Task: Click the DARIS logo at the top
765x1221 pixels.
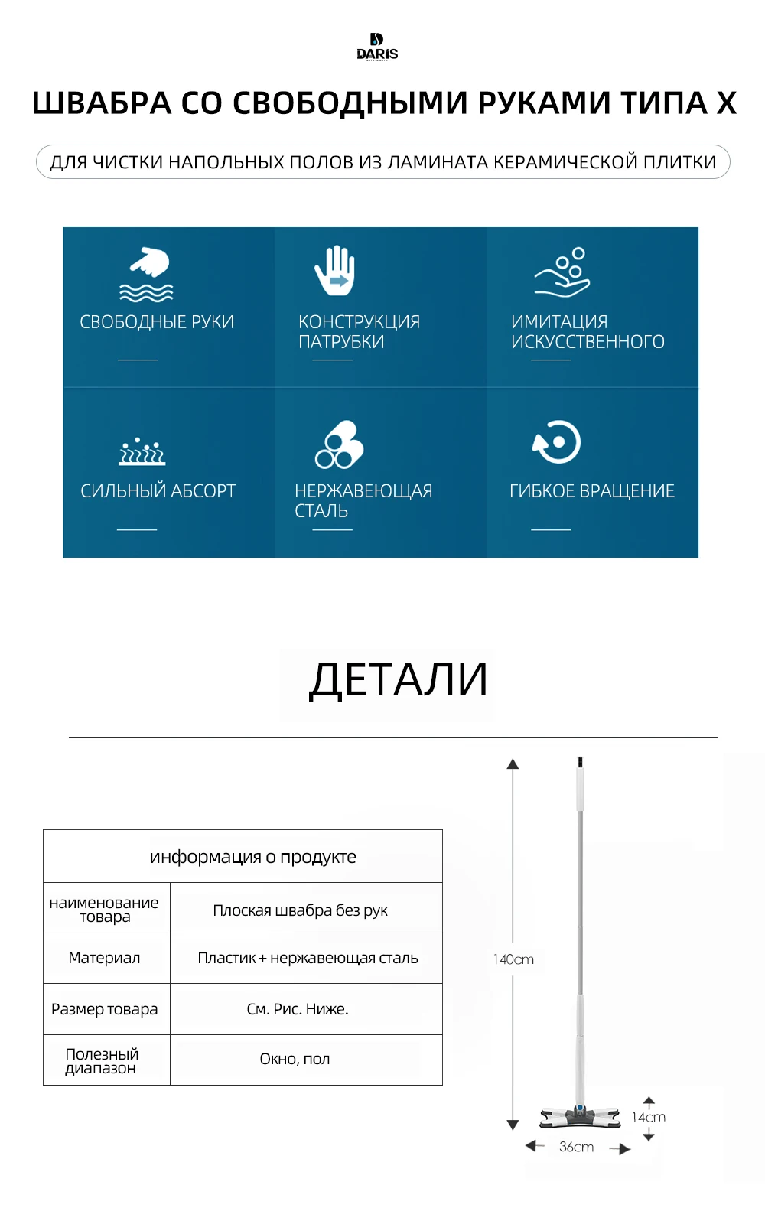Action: (377, 47)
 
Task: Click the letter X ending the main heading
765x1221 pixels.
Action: (726, 103)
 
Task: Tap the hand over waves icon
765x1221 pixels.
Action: (148, 273)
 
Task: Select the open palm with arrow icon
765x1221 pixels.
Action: (334, 270)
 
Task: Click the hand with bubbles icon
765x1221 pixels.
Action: (563, 272)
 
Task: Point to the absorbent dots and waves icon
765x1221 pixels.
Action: (142, 451)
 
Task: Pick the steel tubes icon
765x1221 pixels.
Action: (339, 444)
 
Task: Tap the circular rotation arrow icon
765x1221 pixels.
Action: (556, 441)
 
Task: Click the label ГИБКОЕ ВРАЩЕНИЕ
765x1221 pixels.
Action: (592, 491)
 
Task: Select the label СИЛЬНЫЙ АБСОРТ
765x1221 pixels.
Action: (158, 491)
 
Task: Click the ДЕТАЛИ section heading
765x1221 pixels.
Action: (398, 680)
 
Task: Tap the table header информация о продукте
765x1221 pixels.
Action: (252, 857)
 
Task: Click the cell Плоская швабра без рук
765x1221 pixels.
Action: (300, 910)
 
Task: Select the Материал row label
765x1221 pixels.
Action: (104, 958)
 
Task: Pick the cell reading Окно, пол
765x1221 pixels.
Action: (295, 1059)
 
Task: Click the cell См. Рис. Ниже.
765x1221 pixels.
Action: (297, 1009)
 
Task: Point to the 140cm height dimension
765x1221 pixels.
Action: (513, 959)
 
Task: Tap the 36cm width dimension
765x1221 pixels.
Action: (576, 1147)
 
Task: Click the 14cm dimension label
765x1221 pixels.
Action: (649, 1117)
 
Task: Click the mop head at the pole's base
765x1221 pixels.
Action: (580, 1118)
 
